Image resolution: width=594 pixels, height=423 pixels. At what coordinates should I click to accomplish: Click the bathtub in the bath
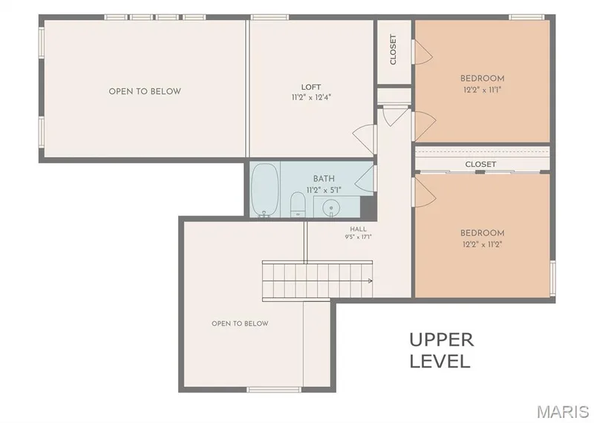[x=265, y=190]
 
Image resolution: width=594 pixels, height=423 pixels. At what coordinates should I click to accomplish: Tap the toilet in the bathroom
[x=298, y=205]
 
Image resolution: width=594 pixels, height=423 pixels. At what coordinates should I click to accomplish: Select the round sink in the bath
[x=331, y=208]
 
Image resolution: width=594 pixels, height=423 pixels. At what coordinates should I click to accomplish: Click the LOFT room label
[x=311, y=87]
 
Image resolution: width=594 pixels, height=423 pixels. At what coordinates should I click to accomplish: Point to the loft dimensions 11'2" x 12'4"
[x=311, y=97]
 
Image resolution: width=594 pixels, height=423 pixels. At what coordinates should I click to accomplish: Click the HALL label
[x=359, y=229]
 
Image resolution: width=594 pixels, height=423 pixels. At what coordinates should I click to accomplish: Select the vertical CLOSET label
[x=394, y=50]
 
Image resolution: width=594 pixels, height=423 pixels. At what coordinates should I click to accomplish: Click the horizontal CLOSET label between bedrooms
[x=480, y=164]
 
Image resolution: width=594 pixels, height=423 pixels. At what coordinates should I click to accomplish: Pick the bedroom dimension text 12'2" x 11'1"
[x=482, y=90]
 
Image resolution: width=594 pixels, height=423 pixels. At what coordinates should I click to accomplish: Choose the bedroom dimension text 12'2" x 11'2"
[x=482, y=244]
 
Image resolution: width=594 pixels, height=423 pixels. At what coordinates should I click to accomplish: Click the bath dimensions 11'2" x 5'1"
[x=324, y=190]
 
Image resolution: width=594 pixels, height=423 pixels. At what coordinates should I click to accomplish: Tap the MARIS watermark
[x=563, y=411]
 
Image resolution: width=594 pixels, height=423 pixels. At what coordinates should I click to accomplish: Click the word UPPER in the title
[x=442, y=340]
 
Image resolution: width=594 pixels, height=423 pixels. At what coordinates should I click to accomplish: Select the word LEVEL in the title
[x=440, y=361]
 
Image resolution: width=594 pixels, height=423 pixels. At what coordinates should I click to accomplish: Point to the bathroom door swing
[x=364, y=178]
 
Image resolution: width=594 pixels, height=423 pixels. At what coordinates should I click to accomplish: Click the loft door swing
[x=363, y=137]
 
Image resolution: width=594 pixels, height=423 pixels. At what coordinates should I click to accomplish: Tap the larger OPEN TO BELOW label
[x=145, y=91]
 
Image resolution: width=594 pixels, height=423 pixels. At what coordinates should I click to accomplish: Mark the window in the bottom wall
[x=274, y=390]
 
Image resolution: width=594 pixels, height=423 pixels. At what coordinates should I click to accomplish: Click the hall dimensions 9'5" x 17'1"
[x=359, y=237]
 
